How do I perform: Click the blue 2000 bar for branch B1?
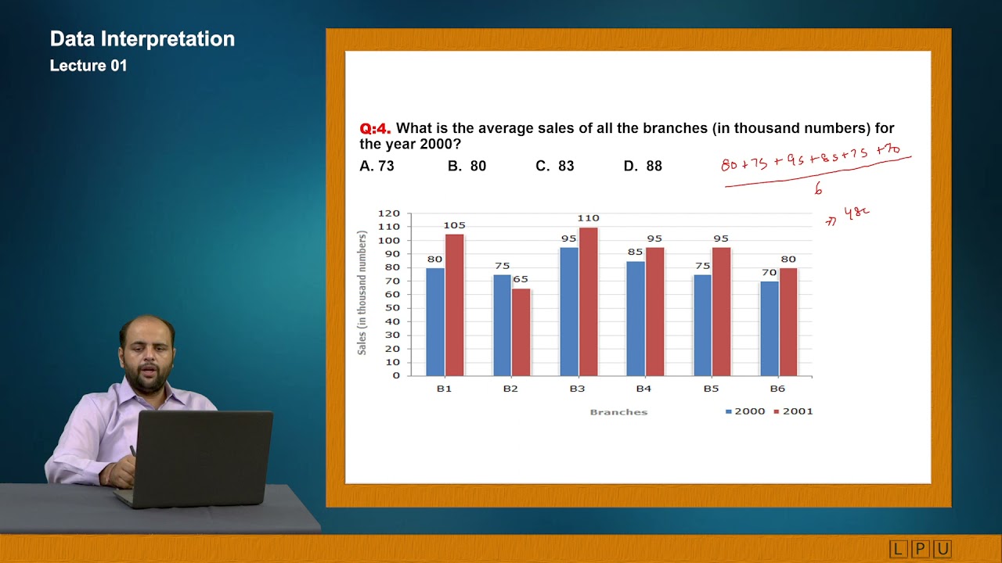[435, 321]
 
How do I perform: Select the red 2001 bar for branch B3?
[588, 301]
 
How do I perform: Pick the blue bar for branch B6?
[769, 328]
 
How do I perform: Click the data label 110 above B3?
[588, 219]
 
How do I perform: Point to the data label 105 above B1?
[454, 226]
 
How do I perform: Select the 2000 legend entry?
[744, 411]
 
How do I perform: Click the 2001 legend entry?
[793, 411]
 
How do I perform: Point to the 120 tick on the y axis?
[389, 213]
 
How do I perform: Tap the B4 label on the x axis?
[643, 388]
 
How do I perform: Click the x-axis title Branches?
[618, 412]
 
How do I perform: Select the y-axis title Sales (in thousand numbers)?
[362, 293]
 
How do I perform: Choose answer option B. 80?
[467, 166]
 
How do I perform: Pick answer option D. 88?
[643, 166]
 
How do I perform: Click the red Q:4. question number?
[375, 128]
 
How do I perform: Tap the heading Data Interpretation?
[142, 39]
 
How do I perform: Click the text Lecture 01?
[88, 66]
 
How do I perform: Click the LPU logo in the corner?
[920, 550]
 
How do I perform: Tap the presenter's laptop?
[200, 457]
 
